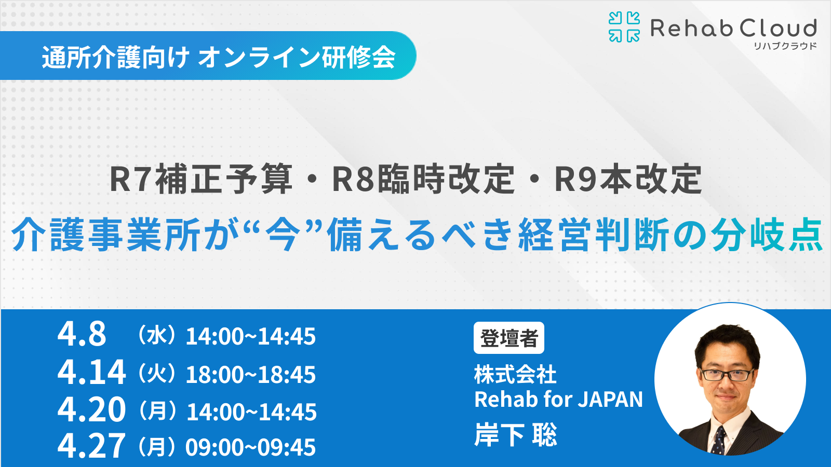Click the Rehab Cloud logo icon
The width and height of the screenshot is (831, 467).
pyautogui.click(x=624, y=27)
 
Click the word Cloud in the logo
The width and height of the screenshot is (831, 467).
pyautogui.click(x=778, y=28)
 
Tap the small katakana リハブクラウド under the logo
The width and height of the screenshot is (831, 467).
pyautogui.click(x=785, y=46)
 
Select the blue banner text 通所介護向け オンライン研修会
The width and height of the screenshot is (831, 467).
pyautogui.click(x=219, y=57)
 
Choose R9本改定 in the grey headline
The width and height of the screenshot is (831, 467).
pyautogui.click(x=628, y=179)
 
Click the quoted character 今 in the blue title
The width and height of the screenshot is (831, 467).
pyautogui.click(x=283, y=235)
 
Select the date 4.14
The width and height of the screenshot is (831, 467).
pyautogui.click(x=91, y=372)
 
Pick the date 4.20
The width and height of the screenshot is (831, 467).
pyautogui.click(x=91, y=409)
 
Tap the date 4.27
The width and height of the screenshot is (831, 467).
pyautogui.click(x=91, y=446)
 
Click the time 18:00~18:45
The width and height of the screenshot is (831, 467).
pyautogui.click(x=250, y=375)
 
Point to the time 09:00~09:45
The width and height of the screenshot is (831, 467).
pyautogui.click(x=250, y=447)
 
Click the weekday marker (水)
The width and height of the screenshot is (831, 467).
pyautogui.click(x=156, y=336)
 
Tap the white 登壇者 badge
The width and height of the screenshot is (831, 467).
pyautogui.click(x=508, y=338)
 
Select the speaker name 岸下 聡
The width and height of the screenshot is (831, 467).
pyautogui.click(x=515, y=435)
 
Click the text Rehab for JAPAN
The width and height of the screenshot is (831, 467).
pyautogui.click(x=558, y=400)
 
